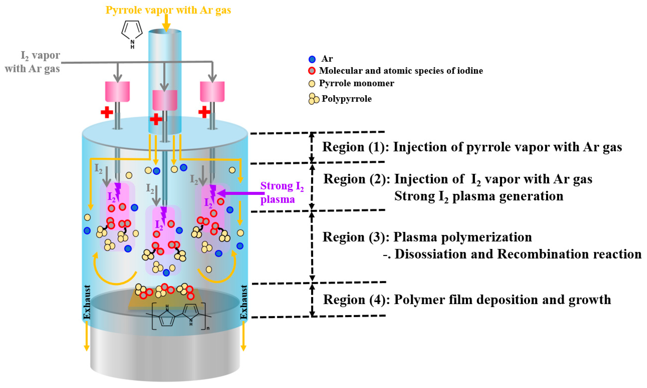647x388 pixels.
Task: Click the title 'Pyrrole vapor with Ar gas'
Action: point(168,10)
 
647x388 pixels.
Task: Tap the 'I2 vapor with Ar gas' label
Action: point(33,62)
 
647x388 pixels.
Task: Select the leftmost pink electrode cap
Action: point(117,92)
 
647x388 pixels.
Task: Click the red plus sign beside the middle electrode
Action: point(156,119)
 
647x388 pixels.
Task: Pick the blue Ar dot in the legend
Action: point(312,59)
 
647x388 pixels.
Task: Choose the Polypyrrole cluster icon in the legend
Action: point(313,99)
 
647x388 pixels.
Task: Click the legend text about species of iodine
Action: point(401,71)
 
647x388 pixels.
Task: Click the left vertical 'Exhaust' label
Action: point(87,302)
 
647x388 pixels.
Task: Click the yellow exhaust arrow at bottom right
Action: point(243,337)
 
